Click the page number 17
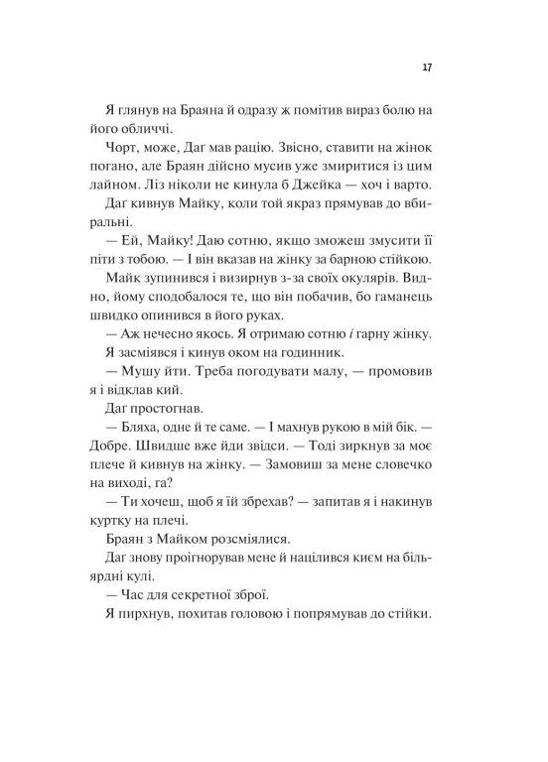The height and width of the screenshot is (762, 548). (x=426, y=68)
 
